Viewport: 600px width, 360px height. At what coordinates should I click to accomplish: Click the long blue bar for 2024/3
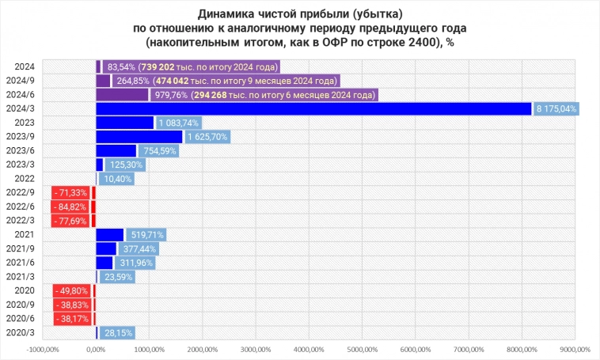(313, 109)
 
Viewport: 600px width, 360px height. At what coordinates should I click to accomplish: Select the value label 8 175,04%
(556, 109)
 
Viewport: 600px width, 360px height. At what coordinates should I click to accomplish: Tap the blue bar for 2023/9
(139, 137)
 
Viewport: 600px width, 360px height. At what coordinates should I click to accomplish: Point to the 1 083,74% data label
(179, 123)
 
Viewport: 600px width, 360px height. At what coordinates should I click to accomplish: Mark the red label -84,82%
(71, 207)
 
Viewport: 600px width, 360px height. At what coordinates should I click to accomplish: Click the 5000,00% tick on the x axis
(362, 349)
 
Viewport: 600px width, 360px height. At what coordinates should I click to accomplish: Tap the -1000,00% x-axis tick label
(43, 349)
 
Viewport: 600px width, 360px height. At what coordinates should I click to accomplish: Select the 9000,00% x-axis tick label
(575, 349)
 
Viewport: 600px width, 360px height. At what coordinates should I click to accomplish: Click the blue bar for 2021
(110, 235)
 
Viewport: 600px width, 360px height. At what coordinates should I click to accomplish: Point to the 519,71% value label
(146, 235)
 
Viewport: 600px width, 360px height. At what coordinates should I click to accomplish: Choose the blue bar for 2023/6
(116, 151)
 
